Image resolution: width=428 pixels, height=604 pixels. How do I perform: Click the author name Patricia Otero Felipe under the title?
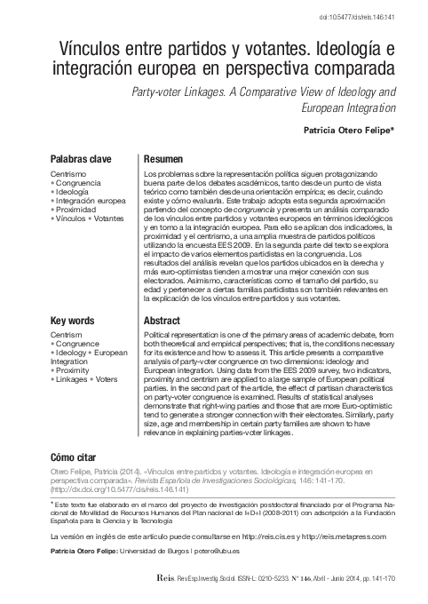tap(342, 130)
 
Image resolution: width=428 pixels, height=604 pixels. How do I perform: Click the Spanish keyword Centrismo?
tap(68, 175)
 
